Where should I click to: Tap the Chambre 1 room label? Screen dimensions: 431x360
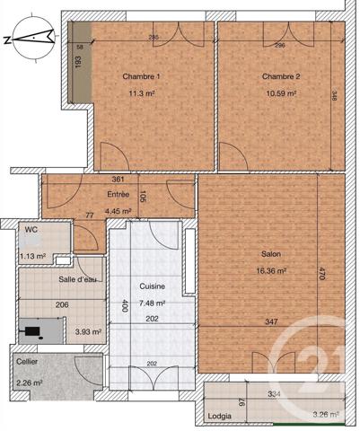tap(139, 76)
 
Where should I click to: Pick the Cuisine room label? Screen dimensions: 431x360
tap(152, 286)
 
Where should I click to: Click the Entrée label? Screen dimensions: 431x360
tap(119, 194)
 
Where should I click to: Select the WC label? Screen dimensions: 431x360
tap(31, 230)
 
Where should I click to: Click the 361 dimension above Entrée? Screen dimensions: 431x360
tap(118, 180)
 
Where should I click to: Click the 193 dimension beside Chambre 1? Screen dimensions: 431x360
tap(78, 63)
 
